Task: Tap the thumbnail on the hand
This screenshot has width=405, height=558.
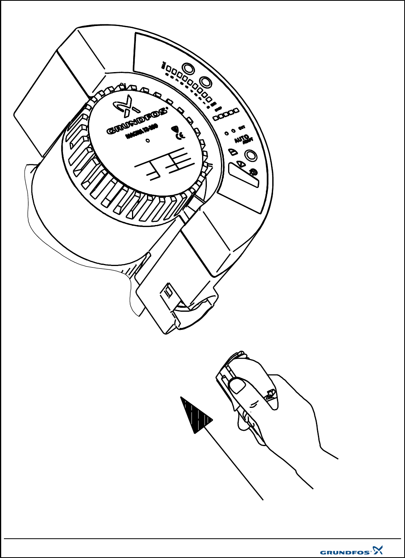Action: (236, 385)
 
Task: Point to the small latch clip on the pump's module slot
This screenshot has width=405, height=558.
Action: (168, 292)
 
